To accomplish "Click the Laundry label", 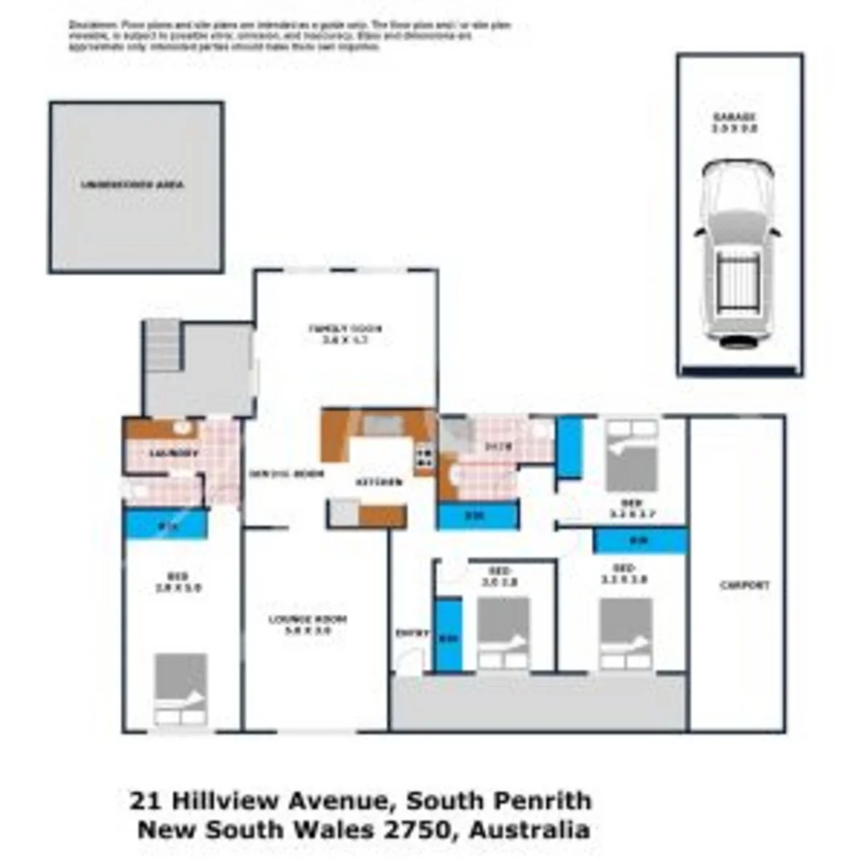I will click(x=174, y=454).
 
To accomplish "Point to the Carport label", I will click(x=744, y=585).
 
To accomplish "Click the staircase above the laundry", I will click(x=162, y=344).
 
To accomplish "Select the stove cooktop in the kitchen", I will click(x=425, y=457).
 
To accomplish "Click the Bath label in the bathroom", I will click(x=493, y=446).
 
